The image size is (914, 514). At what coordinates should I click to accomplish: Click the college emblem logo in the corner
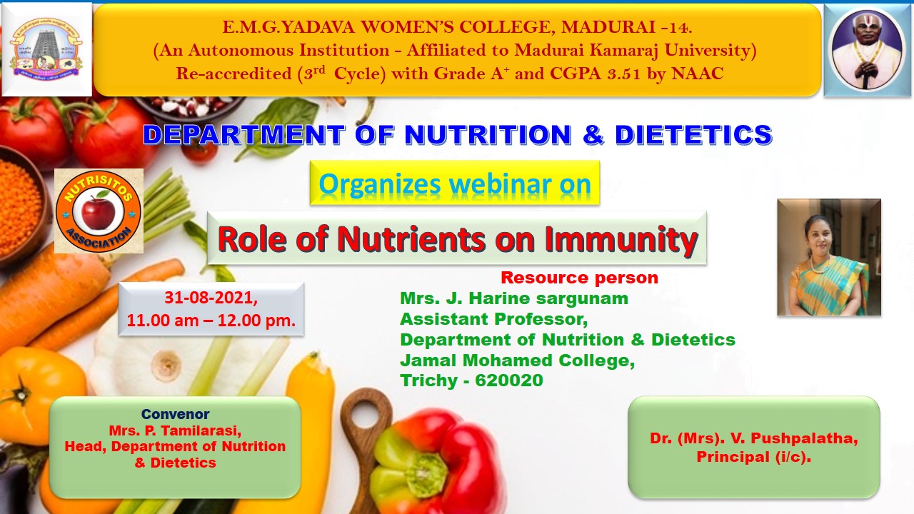point(46,49)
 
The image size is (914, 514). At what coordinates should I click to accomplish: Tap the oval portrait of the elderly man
point(868,50)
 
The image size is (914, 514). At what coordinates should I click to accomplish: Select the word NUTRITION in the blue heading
point(488,135)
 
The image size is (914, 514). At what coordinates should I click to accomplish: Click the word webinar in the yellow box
point(501,184)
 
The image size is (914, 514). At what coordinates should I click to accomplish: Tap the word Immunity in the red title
point(621,239)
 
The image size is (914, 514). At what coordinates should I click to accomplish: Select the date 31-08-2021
point(211,298)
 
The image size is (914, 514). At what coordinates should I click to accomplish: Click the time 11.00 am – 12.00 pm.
point(211,321)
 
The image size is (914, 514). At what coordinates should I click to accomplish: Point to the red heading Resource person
point(579,278)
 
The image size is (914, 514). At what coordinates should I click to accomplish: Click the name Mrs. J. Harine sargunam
point(514,298)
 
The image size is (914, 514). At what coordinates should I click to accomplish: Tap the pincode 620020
point(509,381)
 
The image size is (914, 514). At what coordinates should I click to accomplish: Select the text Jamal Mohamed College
point(518,361)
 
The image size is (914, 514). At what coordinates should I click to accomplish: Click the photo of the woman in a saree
point(829,258)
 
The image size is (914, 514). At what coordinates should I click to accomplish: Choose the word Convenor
point(176,414)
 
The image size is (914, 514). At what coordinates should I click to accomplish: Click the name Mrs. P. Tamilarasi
point(175,430)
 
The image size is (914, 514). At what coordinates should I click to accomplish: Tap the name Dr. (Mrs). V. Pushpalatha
point(754,438)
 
